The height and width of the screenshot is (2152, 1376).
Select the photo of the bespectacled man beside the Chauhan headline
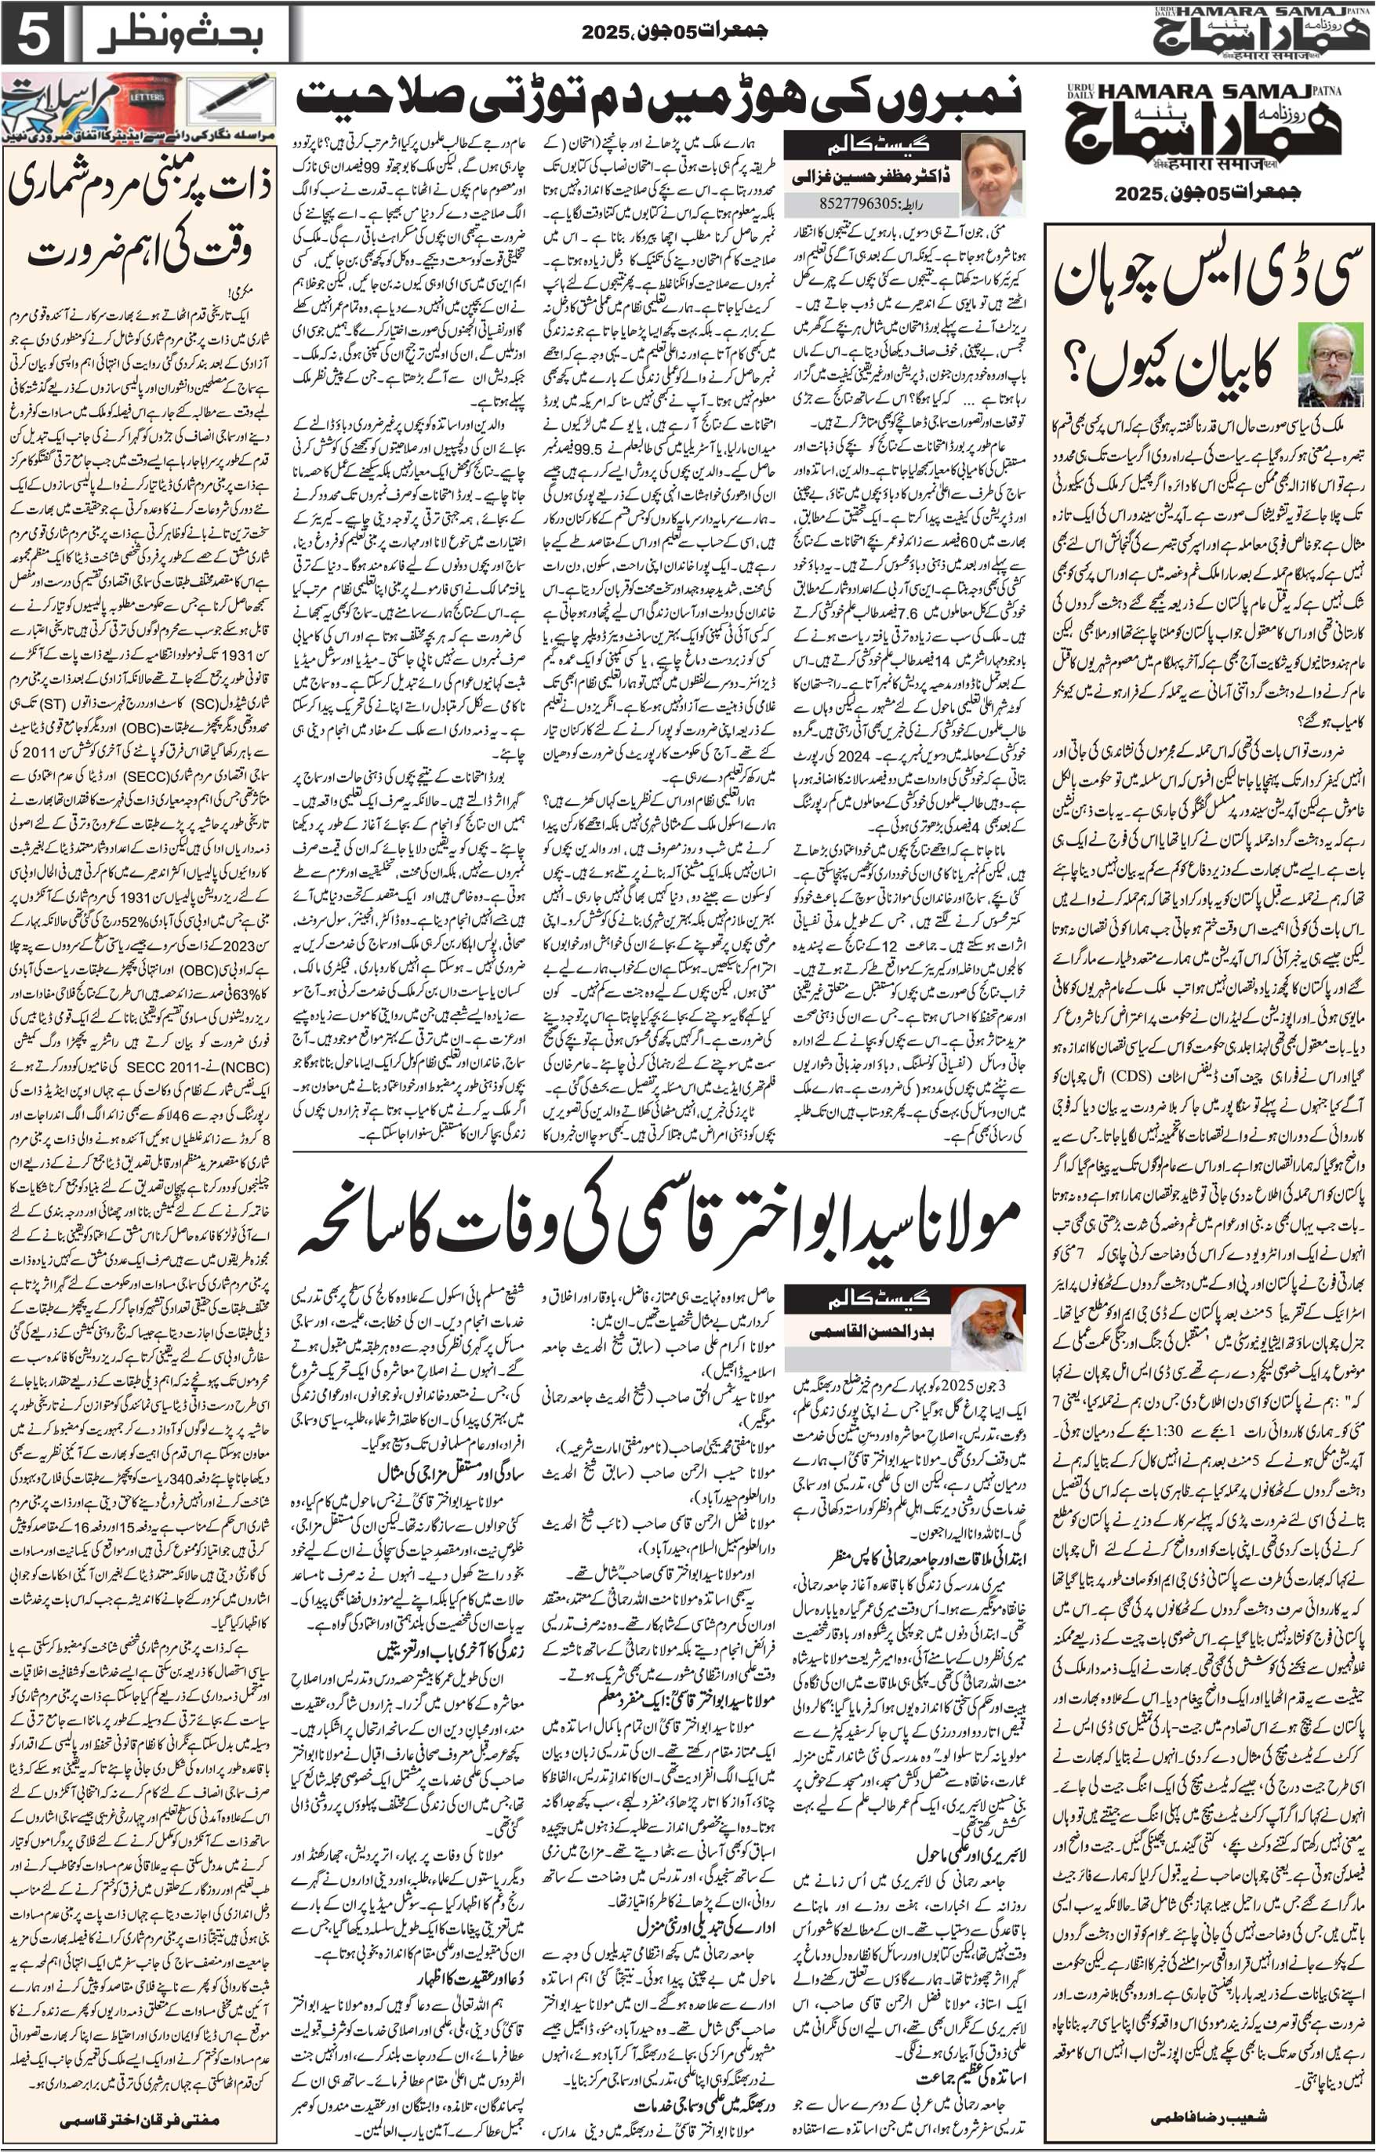click(x=1330, y=364)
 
